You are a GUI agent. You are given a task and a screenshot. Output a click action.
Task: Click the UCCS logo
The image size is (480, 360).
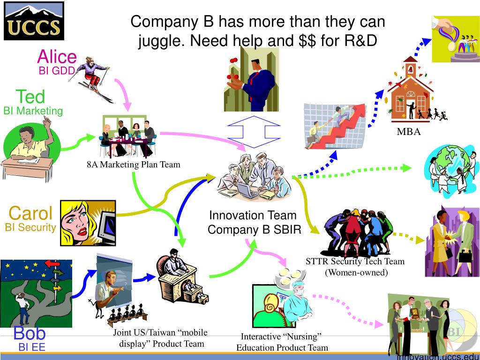pos(33,21)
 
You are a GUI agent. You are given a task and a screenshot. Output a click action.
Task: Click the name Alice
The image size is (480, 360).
pos(57,57)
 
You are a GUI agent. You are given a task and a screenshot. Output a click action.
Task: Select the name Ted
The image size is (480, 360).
pos(30,97)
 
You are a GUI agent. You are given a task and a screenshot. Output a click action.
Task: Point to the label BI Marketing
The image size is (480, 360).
pos(33,111)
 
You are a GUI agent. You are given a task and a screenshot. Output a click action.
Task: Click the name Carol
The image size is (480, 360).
pos(30,213)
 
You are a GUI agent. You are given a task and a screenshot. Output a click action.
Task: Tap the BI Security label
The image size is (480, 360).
pos(30,227)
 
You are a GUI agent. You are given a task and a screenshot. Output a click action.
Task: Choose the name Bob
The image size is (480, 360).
pos(30,333)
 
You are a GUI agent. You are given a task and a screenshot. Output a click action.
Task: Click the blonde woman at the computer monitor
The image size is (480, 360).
pos(88,223)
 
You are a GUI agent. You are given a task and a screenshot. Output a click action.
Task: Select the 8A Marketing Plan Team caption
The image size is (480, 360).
pos(133,165)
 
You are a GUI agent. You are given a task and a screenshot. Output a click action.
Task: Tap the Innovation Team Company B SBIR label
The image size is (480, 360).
pos(253,223)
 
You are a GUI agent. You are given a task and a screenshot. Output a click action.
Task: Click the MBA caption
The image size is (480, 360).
pos(409,132)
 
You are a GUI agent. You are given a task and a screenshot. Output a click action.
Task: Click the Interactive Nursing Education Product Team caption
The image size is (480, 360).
pos(281,342)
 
